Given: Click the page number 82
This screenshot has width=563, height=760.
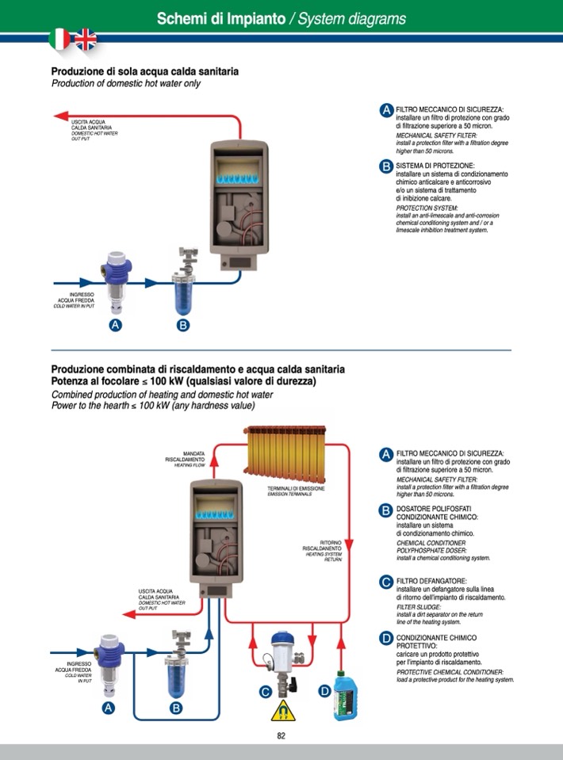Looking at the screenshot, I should point(281,735).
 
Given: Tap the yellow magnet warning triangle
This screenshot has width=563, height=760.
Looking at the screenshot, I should point(279,712).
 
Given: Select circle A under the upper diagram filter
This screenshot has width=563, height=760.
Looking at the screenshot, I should point(115,325).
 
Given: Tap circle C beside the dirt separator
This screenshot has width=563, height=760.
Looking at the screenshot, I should point(266,691).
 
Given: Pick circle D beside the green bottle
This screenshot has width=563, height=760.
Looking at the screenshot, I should point(324,691).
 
